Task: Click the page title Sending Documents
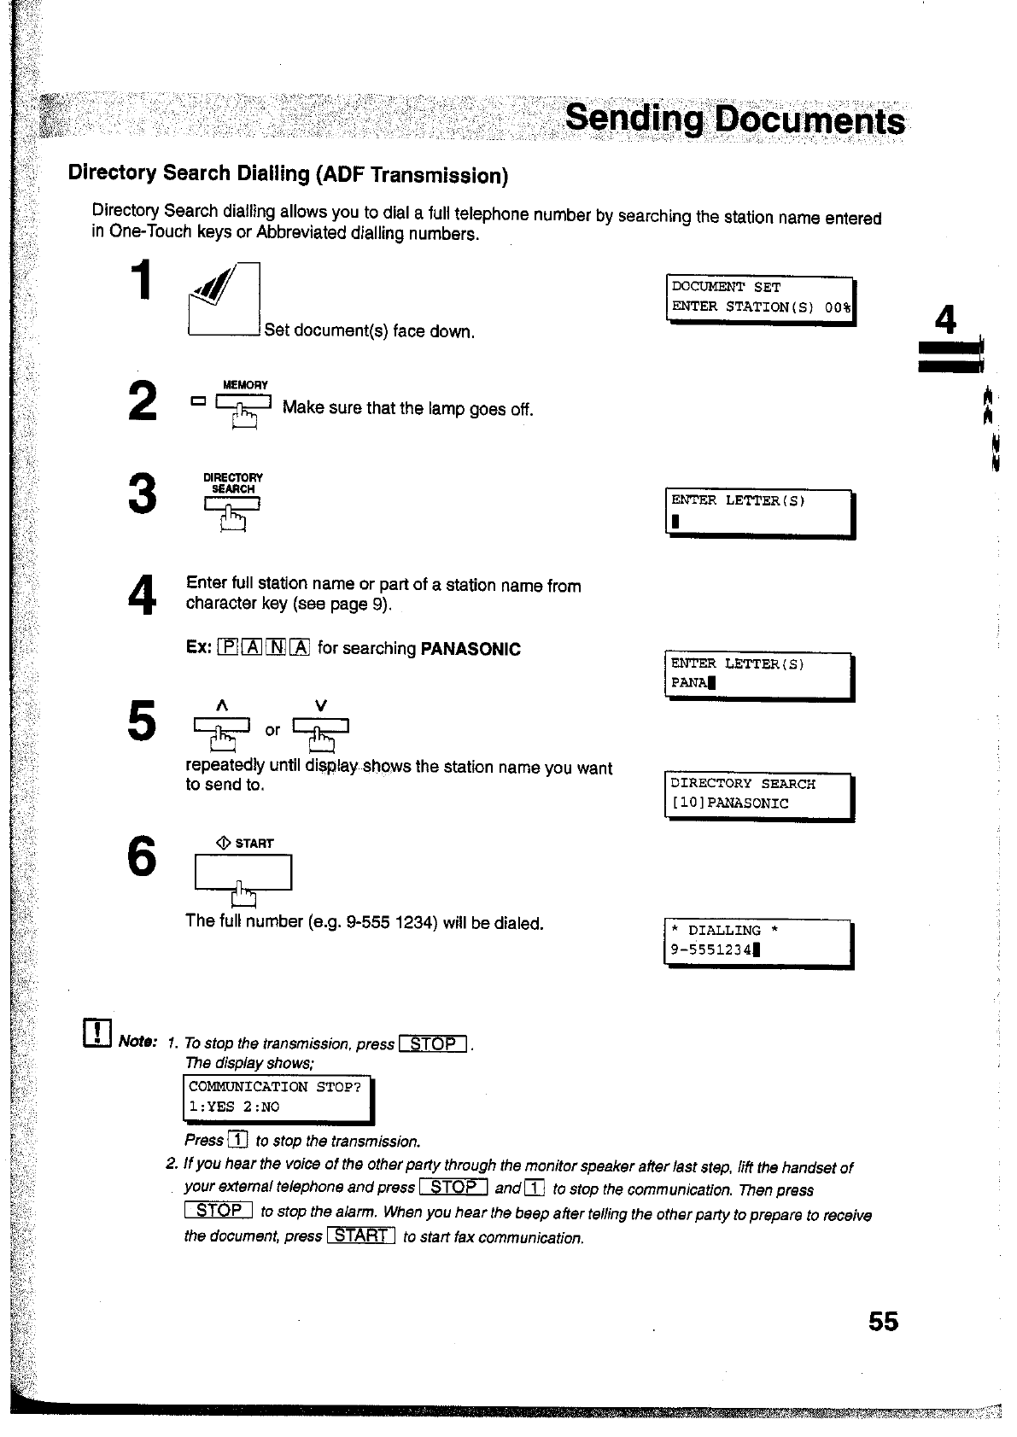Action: (734, 119)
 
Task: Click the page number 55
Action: (883, 1322)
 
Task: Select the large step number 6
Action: (143, 856)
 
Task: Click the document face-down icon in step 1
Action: (223, 299)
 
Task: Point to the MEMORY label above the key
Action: (245, 385)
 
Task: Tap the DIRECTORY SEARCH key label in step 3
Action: (233, 483)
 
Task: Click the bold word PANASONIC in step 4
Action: (471, 649)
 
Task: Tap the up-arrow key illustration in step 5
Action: (222, 727)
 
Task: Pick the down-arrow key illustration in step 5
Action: (321, 727)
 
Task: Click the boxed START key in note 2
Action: (360, 1235)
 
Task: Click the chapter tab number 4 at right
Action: (945, 320)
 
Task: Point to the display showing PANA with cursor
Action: (758, 675)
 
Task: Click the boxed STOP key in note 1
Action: (433, 1043)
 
